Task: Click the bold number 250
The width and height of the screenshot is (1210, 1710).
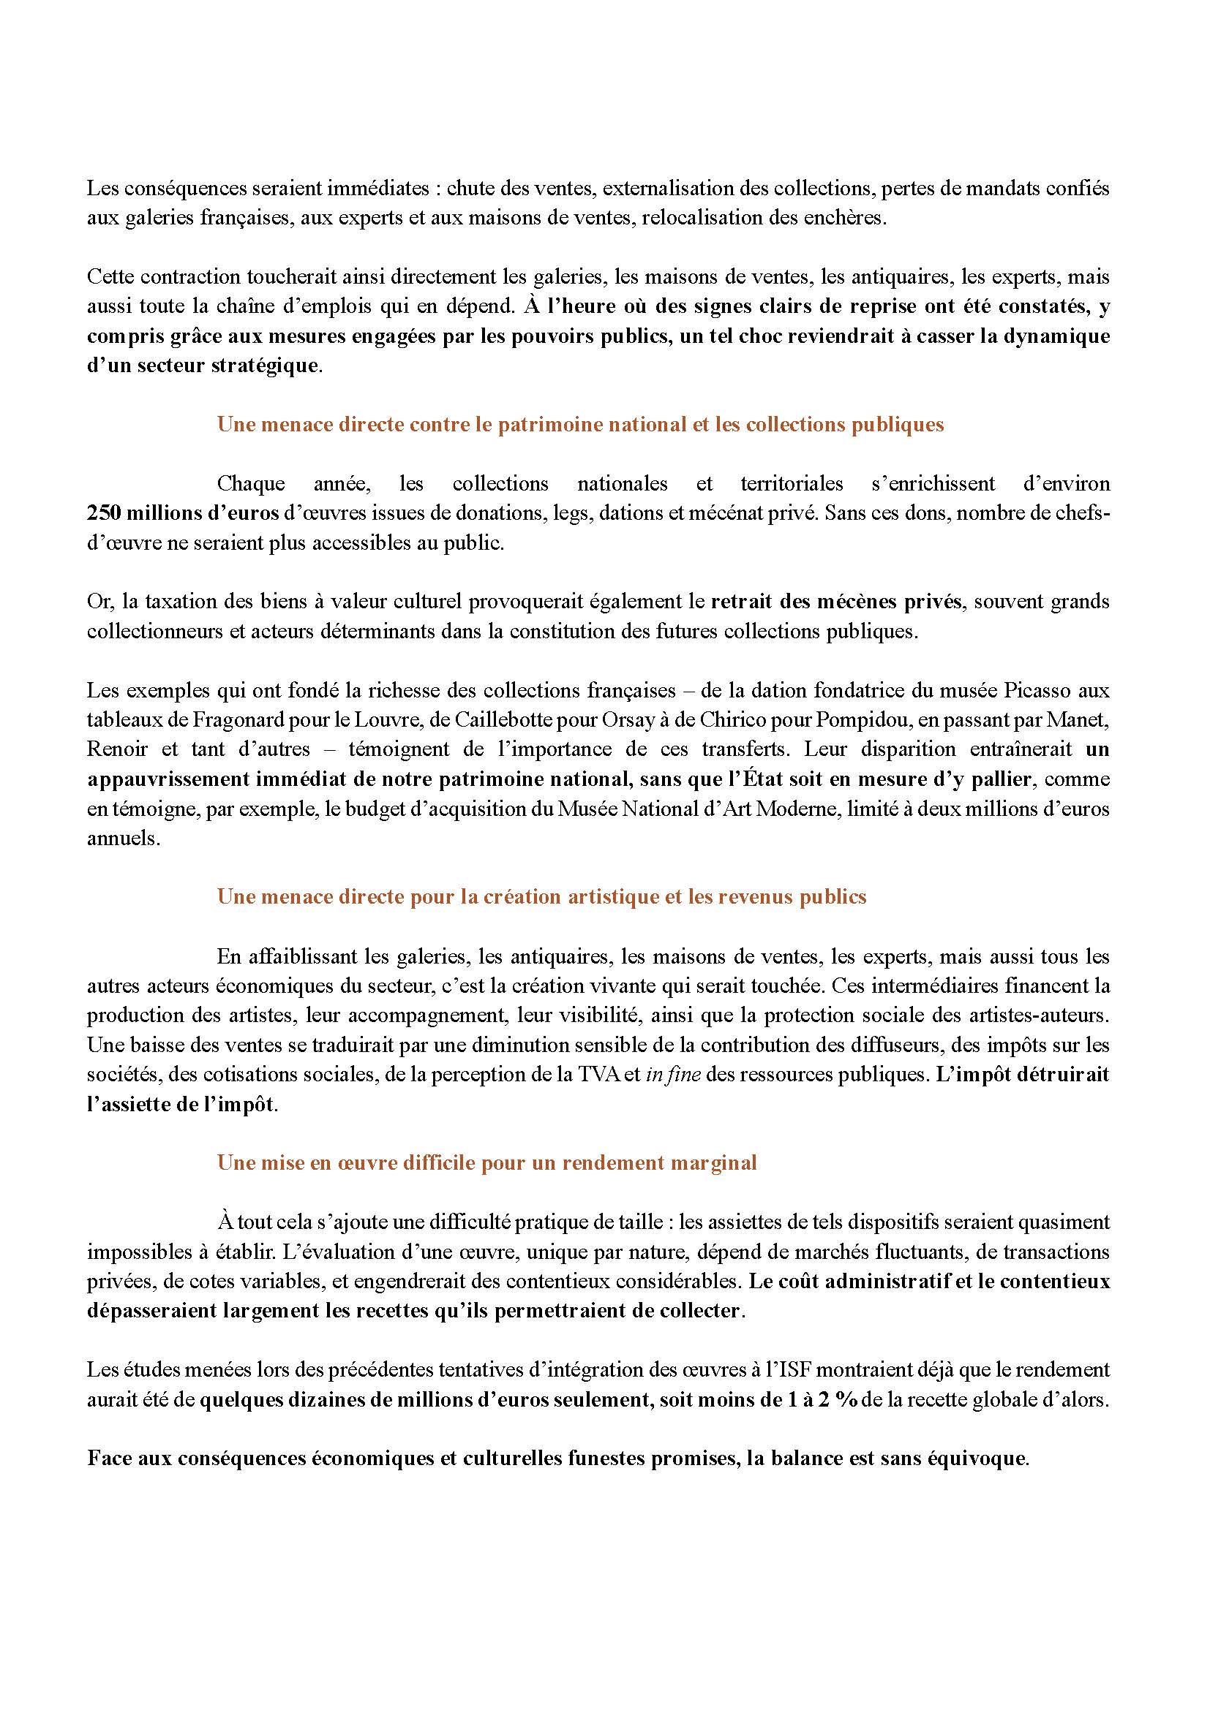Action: point(103,513)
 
